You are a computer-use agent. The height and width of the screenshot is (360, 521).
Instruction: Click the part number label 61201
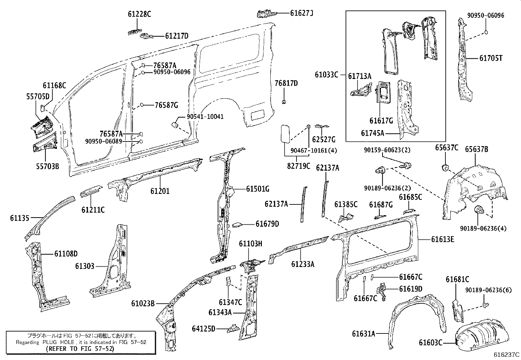coord(160,191)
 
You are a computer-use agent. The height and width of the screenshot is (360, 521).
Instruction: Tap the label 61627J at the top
coord(301,13)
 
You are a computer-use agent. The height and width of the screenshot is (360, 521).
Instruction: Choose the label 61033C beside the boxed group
coord(326,75)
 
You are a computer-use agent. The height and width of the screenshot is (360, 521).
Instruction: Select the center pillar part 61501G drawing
coord(224,203)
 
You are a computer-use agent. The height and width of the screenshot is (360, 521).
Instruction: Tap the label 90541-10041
coord(205,117)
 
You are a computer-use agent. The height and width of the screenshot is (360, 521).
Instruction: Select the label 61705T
coord(491,58)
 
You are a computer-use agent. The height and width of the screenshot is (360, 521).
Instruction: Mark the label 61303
coord(84,266)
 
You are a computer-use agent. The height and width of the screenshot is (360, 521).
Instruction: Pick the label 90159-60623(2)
coord(387,150)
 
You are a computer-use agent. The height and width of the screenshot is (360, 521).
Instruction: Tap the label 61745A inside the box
coord(372,133)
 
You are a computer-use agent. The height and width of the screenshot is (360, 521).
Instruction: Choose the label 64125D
coord(204,328)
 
